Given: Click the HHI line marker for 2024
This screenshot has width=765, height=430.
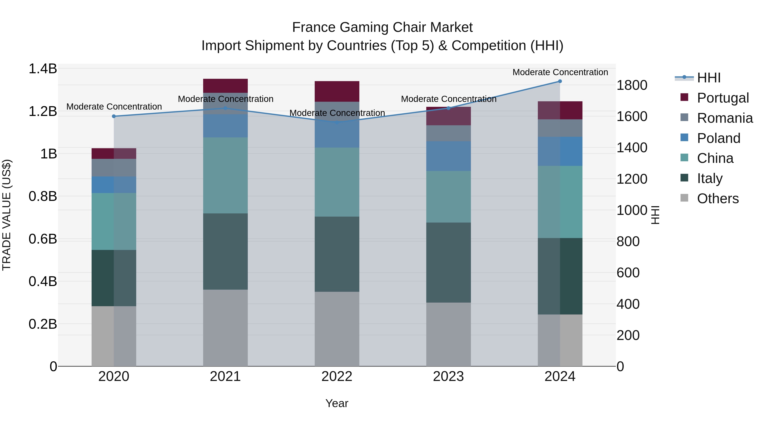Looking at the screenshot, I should pos(560,81).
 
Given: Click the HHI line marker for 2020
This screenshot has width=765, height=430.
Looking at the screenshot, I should pos(114,116).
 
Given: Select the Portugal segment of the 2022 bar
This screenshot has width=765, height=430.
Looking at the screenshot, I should pos(337,91).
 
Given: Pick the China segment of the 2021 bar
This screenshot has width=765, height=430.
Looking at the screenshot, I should pos(225,175).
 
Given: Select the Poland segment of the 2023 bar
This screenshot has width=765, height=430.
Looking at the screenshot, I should pos(448,156).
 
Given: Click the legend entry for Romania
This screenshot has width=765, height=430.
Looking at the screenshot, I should pos(725,118).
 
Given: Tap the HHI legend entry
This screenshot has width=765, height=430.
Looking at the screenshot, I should pos(708,78).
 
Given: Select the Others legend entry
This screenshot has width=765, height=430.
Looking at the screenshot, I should pos(717,199).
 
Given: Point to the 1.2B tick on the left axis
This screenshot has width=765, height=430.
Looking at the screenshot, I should pos(43,111).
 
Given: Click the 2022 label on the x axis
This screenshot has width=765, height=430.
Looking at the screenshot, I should pos(337,376).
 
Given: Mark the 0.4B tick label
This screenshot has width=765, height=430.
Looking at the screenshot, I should pos(43,281).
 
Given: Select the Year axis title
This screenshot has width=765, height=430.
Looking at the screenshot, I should pos(337,403).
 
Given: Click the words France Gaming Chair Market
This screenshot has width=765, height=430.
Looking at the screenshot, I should pos(382,27).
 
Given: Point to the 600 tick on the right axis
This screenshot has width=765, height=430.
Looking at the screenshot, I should pos(628,273).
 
